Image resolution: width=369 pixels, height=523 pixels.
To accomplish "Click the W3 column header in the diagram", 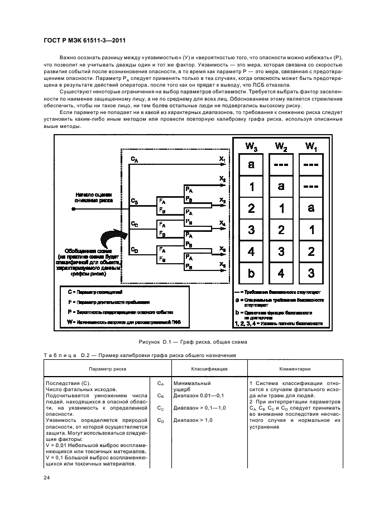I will tap(251, 146).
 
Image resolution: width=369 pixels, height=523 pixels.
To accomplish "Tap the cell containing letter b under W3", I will tap(251, 274).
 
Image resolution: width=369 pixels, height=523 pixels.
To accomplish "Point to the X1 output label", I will tap(222, 160).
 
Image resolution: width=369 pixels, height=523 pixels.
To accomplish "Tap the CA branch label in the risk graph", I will tap(135, 160).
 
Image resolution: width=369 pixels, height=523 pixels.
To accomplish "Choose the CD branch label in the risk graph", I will tap(135, 250).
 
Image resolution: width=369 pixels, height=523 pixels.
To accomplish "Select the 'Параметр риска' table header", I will tap(107, 369).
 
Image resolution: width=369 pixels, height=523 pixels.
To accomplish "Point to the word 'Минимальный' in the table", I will tap(191, 383).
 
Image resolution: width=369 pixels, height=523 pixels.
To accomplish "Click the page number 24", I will tap(46, 477).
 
